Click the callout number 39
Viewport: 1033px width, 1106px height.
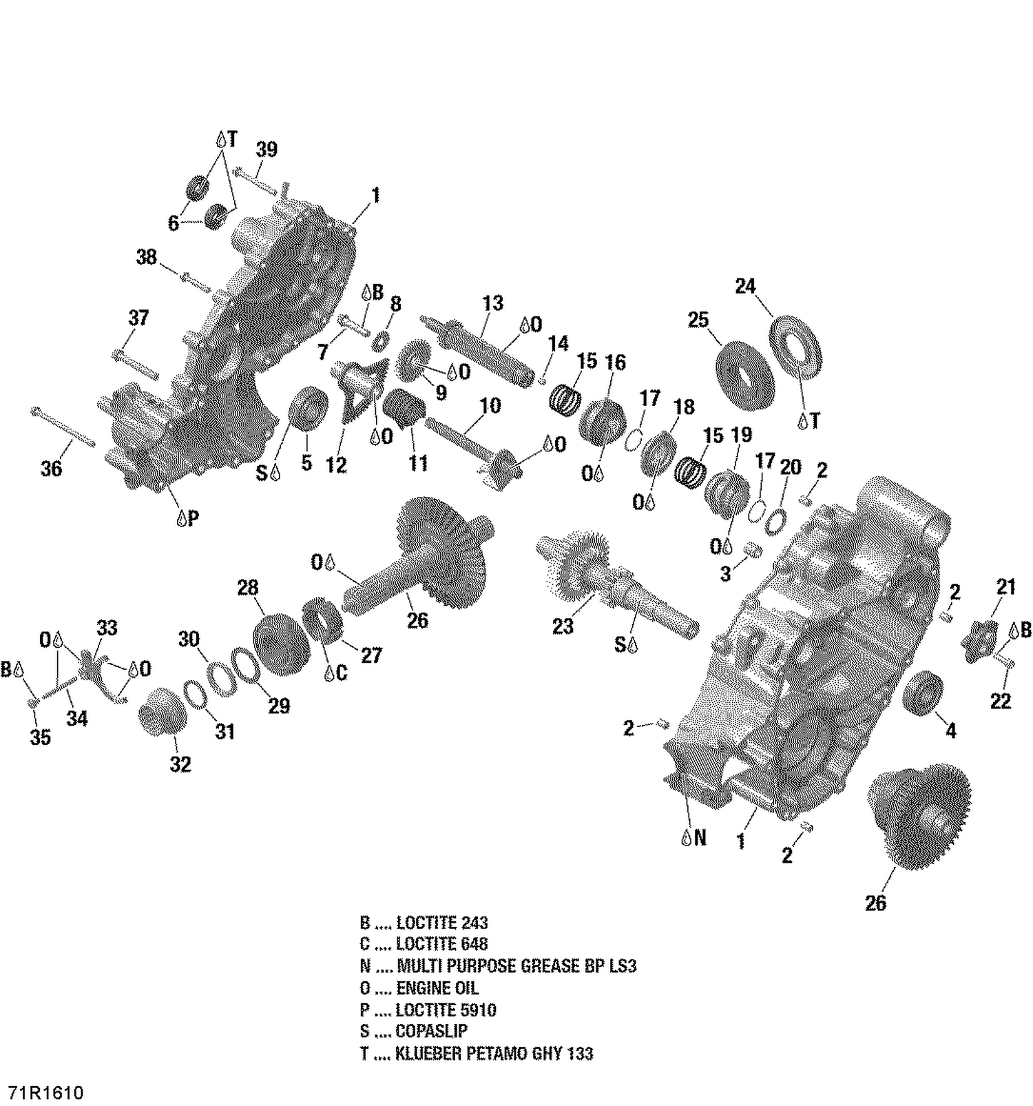click(x=267, y=150)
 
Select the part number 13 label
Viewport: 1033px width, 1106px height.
click(x=492, y=303)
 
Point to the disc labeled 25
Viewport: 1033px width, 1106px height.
click(x=746, y=376)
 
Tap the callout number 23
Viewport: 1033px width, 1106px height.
click(x=563, y=626)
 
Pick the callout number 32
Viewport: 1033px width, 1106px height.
click(x=180, y=764)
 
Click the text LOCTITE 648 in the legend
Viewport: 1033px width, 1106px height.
click(x=441, y=944)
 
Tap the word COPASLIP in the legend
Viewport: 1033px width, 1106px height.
click(x=431, y=1032)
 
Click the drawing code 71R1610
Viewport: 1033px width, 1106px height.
click(x=46, y=1093)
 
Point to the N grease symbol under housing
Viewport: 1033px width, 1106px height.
click(x=693, y=837)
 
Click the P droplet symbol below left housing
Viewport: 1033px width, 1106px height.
click(x=187, y=518)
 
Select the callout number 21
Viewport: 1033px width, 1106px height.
click(x=1006, y=587)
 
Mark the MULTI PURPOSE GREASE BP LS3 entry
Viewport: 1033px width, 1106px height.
click(x=516, y=966)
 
